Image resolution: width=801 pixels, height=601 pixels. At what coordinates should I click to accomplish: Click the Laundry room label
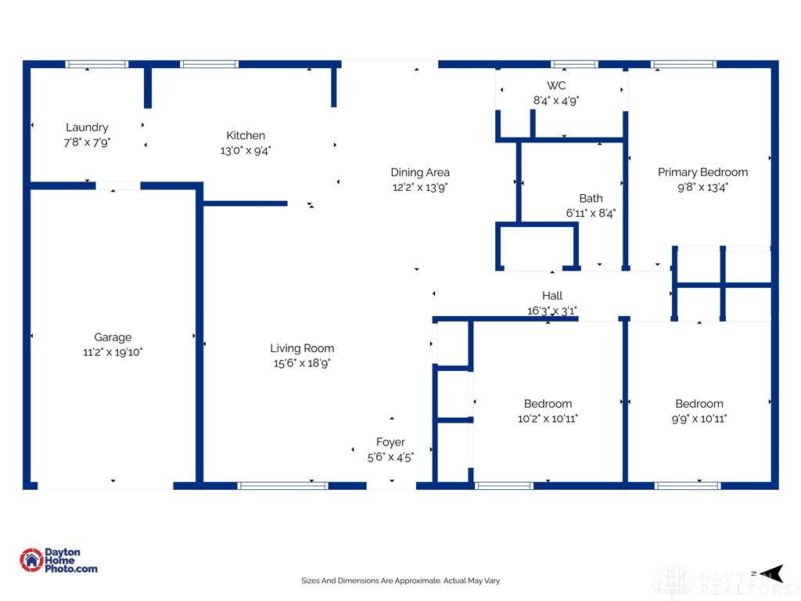(87, 128)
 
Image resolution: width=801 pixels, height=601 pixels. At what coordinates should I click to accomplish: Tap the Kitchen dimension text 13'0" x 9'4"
(245, 150)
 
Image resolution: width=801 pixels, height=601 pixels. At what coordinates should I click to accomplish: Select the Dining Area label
(420, 172)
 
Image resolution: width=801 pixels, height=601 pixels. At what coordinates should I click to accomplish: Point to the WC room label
(556, 85)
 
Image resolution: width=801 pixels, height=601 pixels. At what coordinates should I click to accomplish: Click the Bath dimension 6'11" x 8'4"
(591, 213)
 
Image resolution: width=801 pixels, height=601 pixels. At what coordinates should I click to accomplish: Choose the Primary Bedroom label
(702, 172)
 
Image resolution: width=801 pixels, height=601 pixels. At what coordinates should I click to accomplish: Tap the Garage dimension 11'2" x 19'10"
(113, 352)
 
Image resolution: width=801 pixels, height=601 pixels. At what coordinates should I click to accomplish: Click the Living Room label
(302, 348)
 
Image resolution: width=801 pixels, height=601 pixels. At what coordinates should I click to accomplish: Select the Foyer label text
(390, 442)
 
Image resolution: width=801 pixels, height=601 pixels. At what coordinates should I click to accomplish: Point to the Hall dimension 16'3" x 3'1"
(551, 310)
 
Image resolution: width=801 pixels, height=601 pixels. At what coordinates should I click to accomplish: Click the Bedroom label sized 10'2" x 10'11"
(548, 404)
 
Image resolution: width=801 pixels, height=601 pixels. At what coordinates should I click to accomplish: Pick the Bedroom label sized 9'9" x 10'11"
(699, 404)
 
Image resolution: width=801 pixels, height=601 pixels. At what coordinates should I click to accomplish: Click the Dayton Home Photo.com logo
(58, 560)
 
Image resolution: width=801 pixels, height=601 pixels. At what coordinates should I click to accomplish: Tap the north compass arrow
(771, 574)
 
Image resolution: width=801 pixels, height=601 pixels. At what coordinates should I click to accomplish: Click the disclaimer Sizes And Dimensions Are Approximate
(400, 581)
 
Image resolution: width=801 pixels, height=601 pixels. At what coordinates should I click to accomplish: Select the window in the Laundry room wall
(96, 64)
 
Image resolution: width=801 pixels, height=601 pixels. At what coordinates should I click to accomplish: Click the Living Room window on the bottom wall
(282, 485)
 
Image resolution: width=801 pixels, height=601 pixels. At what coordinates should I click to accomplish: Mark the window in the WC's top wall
(574, 64)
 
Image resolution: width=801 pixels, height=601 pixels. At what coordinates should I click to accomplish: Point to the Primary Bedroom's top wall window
(684, 64)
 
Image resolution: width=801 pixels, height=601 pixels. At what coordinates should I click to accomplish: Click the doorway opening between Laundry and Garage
(118, 185)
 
